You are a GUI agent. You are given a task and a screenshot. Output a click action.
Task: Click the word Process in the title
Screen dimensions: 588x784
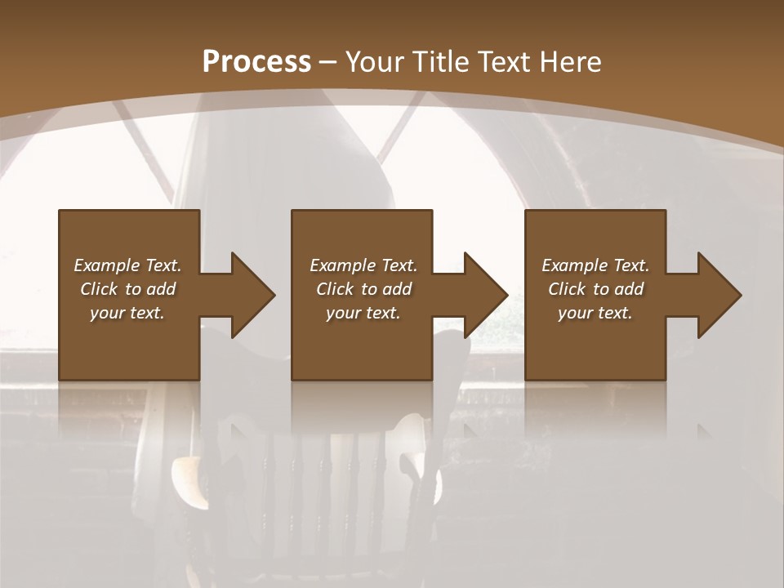pos(256,61)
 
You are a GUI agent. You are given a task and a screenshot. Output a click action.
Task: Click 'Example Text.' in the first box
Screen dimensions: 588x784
pos(127,265)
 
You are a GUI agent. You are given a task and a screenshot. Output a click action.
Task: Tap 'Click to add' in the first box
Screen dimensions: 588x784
pos(127,289)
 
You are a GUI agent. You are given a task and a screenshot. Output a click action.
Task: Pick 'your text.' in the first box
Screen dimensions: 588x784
pos(127,313)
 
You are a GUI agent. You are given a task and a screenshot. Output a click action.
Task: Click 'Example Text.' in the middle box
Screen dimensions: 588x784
pos(363,265)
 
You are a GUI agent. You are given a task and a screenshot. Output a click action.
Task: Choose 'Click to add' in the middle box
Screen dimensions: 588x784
pos(363,289)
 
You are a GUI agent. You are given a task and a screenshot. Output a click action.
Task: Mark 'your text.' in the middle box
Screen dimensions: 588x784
pos(363,313)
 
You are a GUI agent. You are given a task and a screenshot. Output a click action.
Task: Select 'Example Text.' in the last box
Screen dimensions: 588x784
pos(595,265)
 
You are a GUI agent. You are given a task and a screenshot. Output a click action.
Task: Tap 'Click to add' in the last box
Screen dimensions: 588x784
pos(595,289)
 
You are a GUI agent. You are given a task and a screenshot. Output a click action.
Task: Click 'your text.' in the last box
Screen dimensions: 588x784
pos(595,313)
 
